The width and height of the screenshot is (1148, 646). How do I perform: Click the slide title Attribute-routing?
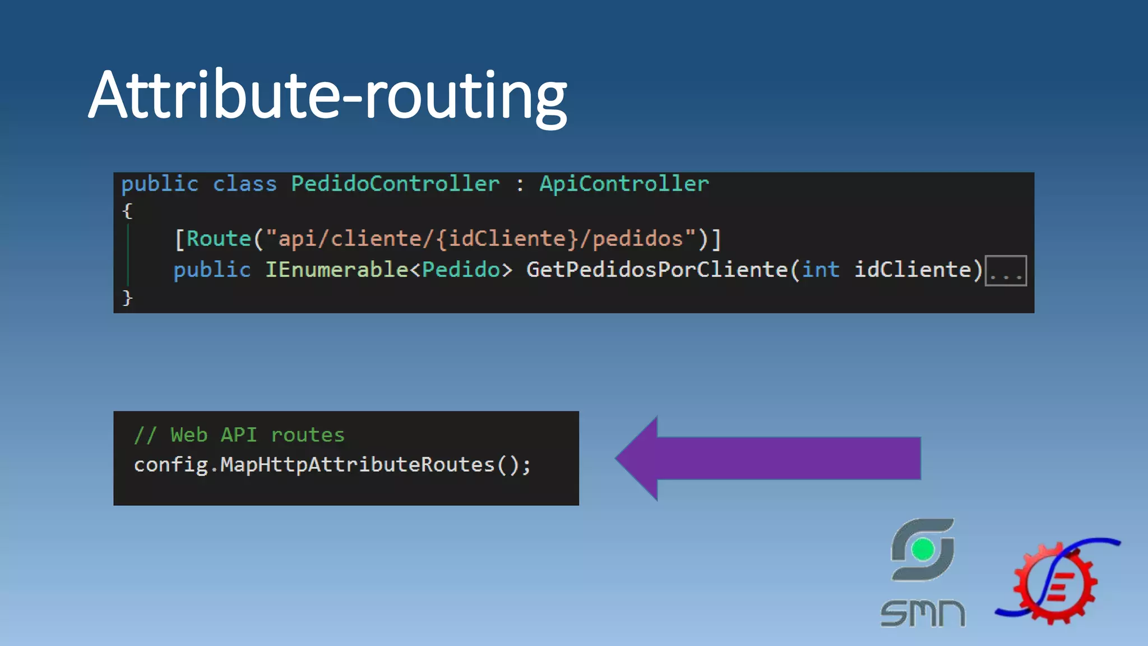(x=327, y=95)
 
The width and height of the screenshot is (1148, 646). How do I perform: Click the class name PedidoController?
(x=395, y=184)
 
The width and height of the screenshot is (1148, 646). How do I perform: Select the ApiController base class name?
(x=624, y=184)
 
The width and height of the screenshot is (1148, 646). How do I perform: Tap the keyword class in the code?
(x=245, y=184)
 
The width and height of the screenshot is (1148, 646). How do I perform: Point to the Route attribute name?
(x=219, y=239)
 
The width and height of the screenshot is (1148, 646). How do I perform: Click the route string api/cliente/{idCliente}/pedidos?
(x=480, y=239)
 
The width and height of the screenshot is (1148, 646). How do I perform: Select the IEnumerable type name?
(x=336, y=270)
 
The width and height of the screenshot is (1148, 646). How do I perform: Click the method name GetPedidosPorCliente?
(x=657, y=270)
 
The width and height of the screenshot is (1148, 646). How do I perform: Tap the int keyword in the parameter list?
(x=820, y=270)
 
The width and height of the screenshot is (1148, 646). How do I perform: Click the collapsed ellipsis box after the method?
(x=1006, y=271)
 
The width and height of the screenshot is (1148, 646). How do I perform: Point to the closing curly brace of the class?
(x=127, y=297)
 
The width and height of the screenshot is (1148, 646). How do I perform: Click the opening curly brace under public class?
(x=127, y=211)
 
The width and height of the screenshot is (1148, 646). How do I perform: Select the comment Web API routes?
(x=239, y=435)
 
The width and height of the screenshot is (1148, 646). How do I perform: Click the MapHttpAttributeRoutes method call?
(x=357, y=465)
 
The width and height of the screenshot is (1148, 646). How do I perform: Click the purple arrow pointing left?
(x=768, y=458)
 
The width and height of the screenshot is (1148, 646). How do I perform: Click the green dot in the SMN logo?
(x=923, y=550)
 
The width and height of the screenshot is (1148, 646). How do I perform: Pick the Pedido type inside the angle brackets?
(x=461, y=270)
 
